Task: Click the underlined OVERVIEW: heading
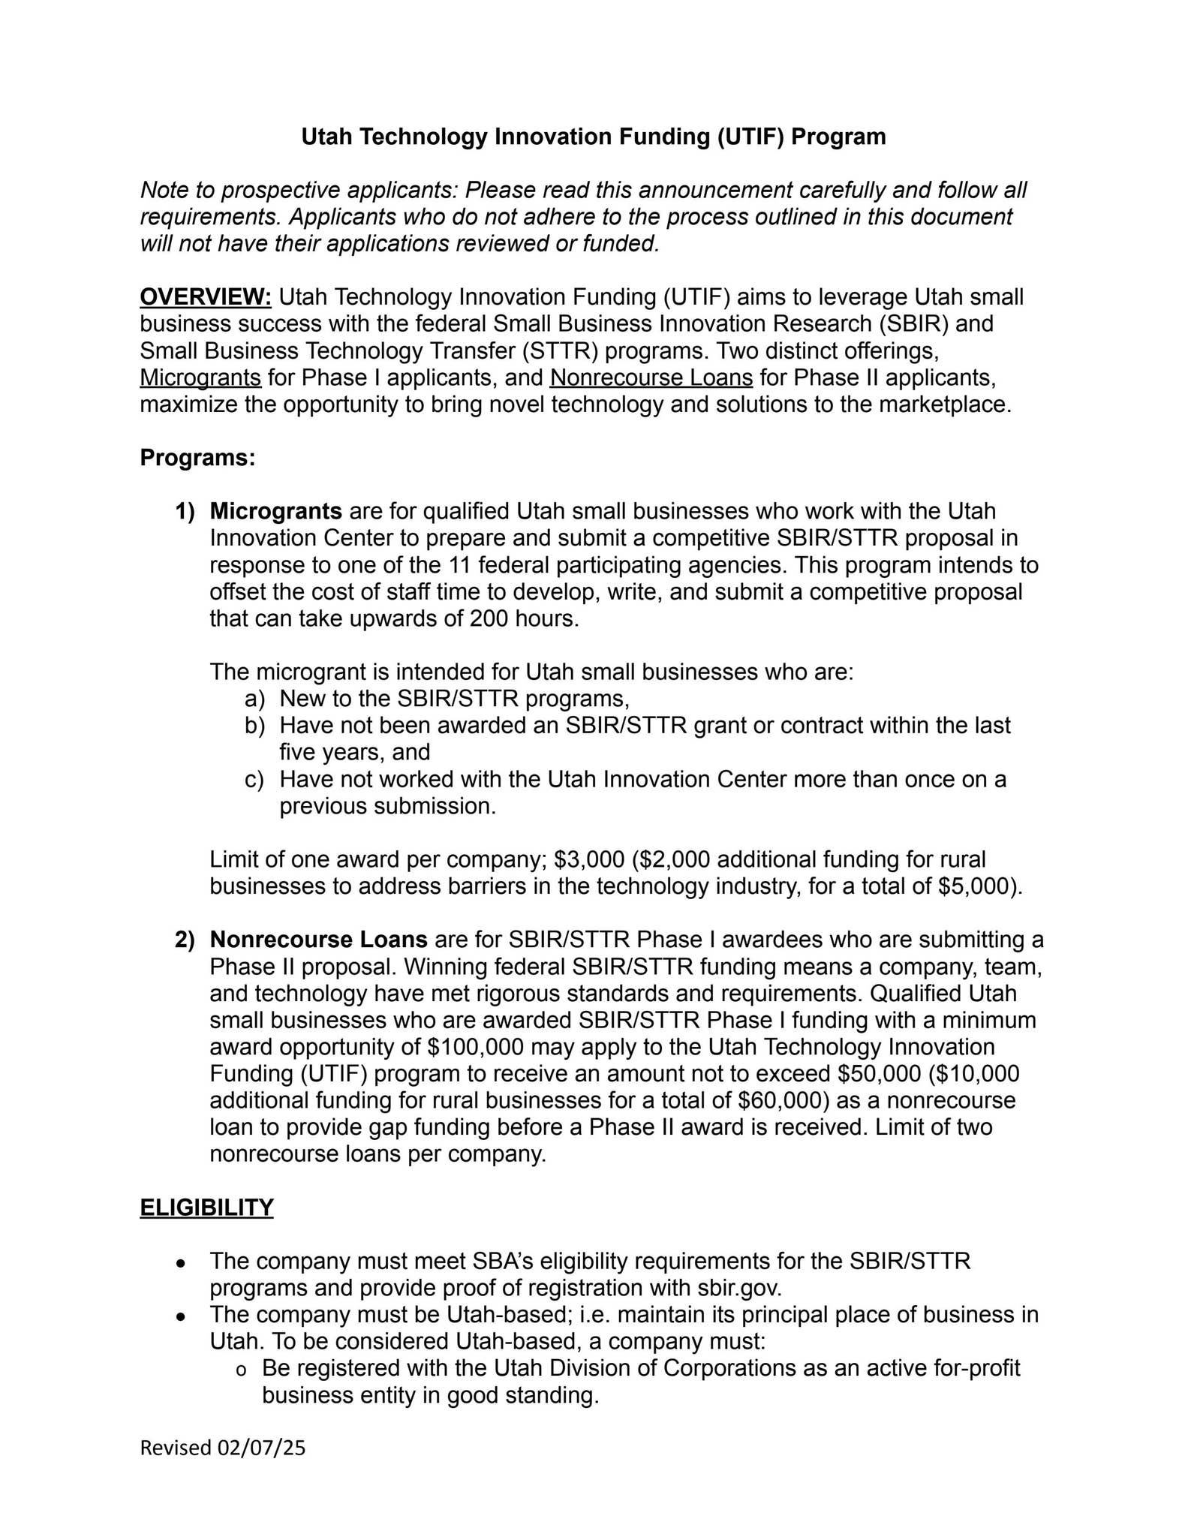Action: tap(206, 297)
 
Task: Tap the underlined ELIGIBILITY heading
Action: tap(206, 1208)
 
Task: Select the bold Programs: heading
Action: tap(198, 458)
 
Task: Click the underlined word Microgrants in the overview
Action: tap(200, 377)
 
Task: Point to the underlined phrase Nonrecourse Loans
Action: tap(651, 377)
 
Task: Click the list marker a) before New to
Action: tap(254, 699)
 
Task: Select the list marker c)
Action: tap(254, 780)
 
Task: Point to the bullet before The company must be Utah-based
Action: tap(181, 1317)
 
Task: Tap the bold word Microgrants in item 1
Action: tap(276, 512)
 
